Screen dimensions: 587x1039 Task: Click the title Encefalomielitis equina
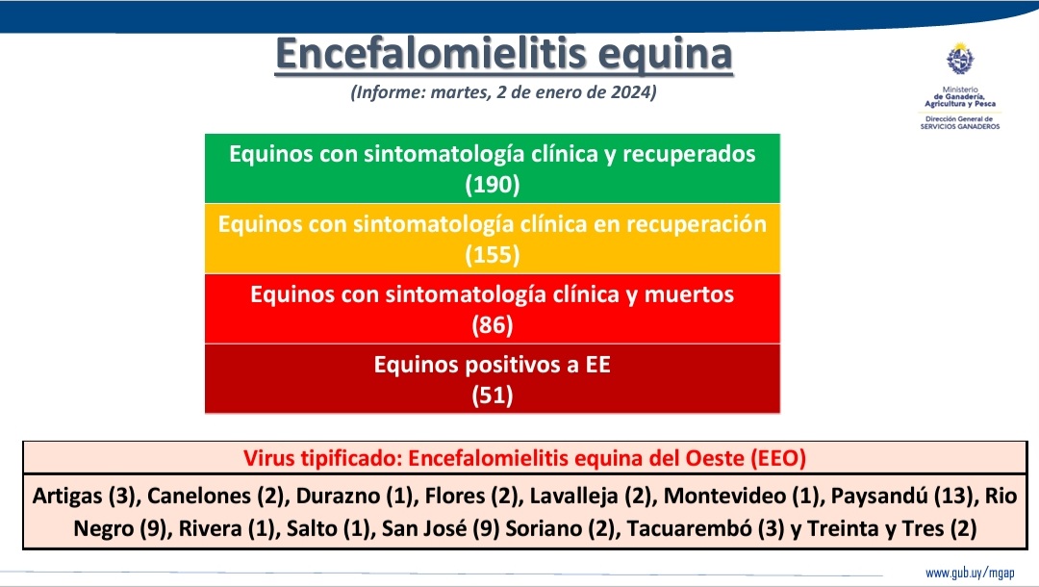tap(503, 54)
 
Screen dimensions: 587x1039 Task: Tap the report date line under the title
tap(503, 93)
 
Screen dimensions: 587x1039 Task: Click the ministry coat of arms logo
tap(959, 63)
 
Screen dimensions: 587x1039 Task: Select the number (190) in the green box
tap(492, 186)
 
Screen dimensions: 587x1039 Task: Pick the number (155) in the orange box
tap(492, 256)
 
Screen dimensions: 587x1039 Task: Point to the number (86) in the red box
tap(492, 326)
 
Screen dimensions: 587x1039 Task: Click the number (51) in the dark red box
tap(492, 396)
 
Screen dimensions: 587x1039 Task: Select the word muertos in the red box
tap(688, 294)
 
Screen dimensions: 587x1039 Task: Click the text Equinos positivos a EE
tap(492, 366)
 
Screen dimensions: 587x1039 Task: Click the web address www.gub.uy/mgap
tap(970, 573)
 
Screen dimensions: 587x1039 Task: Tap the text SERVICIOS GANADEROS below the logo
tap(959, 126)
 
